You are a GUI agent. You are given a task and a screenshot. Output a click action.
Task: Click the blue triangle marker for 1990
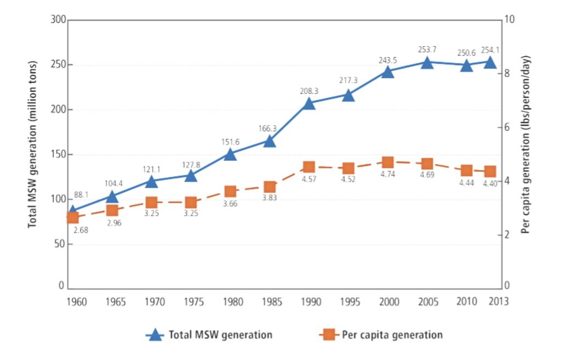point(309,104)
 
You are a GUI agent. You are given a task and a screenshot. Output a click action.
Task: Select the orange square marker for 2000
point(388,162)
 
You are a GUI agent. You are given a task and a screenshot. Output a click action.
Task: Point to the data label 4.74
point(388,175)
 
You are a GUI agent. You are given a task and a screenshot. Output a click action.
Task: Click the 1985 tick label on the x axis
point(269,302)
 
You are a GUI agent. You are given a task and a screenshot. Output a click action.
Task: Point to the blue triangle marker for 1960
point(72,211)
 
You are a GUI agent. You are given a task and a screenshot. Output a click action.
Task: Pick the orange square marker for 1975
point(191,203)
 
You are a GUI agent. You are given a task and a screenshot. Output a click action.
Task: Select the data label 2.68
point(81,230)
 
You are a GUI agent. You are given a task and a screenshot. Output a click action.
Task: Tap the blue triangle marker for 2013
point(490,63)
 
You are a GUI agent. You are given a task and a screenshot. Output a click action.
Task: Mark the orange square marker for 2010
point(467,171)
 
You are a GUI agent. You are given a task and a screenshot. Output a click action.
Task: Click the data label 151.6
point(230,142)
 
